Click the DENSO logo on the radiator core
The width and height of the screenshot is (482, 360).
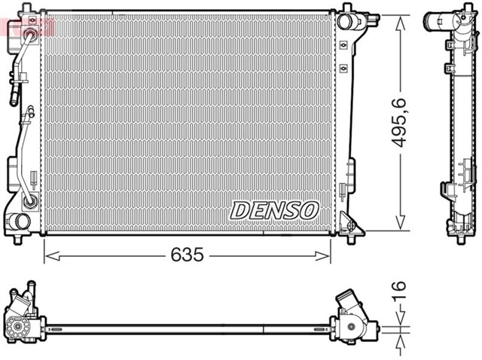tap(274, 210)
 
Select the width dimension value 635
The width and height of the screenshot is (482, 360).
tap(187, 255)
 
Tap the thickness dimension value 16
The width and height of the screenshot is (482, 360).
tap(399, 291)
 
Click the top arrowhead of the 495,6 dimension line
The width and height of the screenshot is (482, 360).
tap(401, 20)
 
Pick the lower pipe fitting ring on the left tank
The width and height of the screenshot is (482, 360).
tap(30, 200)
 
